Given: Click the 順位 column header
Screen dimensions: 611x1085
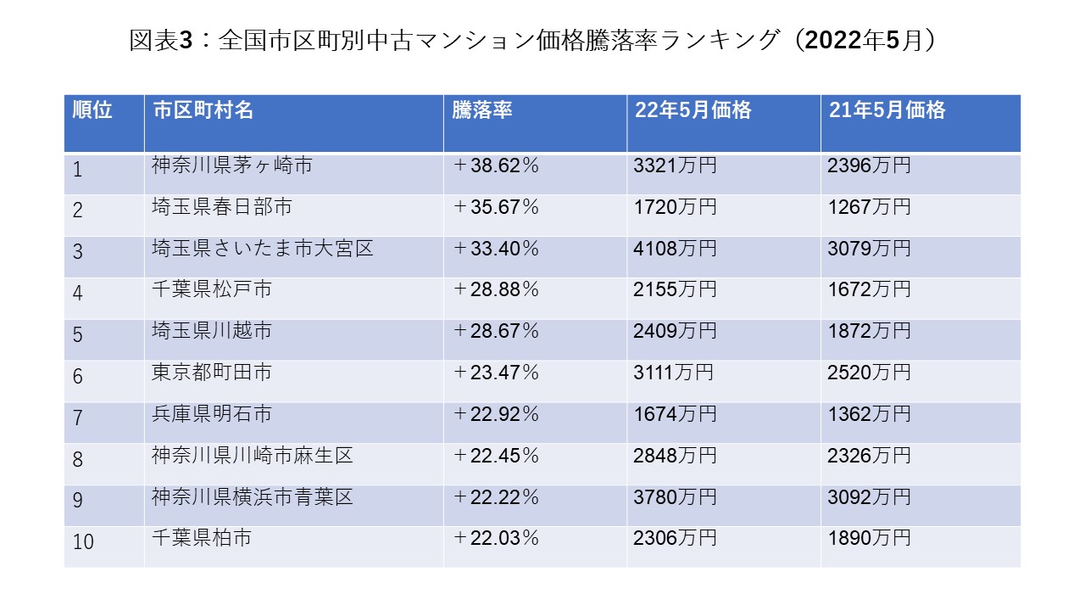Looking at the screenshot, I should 92,110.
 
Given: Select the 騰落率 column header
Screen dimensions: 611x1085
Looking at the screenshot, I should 481,110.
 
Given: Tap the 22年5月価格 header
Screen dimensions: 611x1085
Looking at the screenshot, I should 693,110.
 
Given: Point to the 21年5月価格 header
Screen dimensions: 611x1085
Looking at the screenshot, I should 887,110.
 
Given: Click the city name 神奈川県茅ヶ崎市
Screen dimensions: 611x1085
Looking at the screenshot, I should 232,165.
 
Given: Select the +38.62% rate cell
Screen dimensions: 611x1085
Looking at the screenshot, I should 496,165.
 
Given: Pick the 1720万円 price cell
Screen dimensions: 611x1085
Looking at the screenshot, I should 675,207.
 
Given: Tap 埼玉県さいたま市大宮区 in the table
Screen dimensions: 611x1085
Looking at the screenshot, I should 263,249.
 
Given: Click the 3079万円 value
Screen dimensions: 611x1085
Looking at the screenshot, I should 869,249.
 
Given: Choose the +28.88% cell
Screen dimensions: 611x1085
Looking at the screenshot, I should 496,289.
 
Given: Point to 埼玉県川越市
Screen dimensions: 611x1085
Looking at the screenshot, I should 212,331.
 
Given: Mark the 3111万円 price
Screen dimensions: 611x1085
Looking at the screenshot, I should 673,373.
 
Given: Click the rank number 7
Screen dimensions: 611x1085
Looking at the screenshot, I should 78,418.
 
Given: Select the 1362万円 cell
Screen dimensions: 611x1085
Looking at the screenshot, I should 869,414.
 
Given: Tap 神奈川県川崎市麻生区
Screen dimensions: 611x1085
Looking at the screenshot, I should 253,456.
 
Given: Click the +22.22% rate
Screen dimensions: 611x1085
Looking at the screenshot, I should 496,497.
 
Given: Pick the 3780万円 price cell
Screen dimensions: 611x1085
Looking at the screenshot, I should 675,497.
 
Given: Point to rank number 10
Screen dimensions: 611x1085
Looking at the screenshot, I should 83,541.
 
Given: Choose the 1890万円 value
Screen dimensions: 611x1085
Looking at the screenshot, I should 869,538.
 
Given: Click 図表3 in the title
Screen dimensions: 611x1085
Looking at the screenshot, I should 162,40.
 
